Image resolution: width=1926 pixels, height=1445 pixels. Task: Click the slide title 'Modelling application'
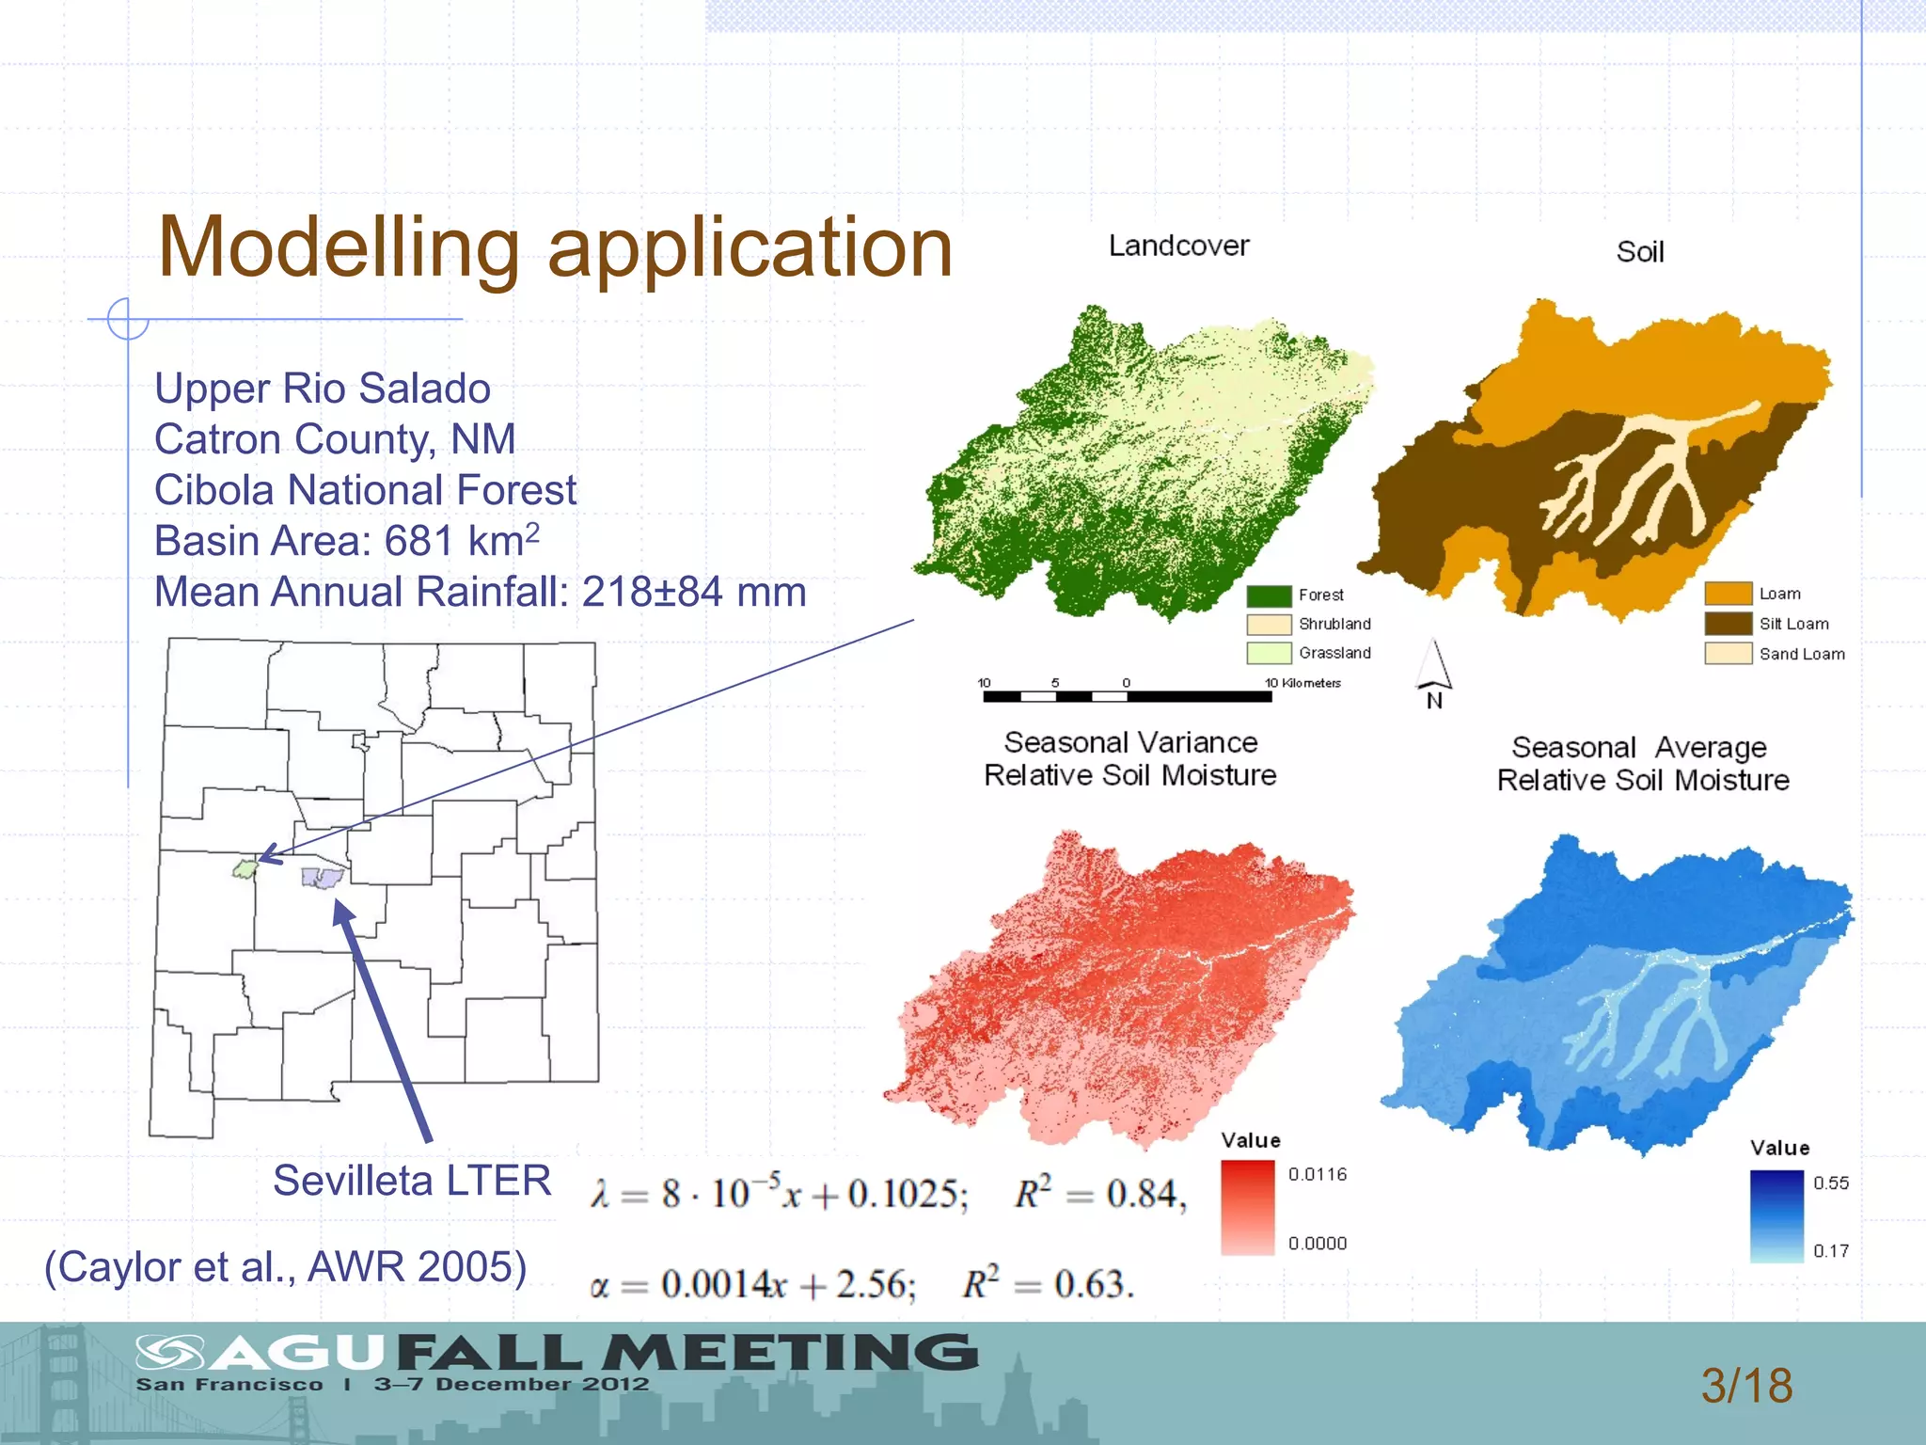point(555,247)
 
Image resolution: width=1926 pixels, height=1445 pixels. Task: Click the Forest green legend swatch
point(1269,595)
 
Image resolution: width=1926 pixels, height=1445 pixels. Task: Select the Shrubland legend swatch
point(1269,625)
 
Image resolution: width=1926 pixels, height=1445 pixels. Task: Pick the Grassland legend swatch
point(1269,653)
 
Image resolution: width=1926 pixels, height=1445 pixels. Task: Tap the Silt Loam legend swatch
point(1728,624)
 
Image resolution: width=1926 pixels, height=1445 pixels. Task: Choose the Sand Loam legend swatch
point(1728,654)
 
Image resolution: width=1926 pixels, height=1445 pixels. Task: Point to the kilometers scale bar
point(1127,696)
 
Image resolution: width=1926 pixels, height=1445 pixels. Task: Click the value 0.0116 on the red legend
point(1317,1174)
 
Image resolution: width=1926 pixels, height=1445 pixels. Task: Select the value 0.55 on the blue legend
point(1830,1183)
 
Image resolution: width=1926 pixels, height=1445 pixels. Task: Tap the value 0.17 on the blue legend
point(1830,1251)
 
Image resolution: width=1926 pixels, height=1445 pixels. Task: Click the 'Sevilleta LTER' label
point(412,1181)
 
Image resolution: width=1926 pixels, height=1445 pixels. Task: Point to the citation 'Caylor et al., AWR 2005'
point(285,1267)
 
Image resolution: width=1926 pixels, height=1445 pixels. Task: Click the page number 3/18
point(1746,1386)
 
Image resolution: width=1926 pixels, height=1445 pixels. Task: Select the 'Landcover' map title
point(1178,246)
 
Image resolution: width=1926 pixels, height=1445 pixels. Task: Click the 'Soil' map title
point(1639,252)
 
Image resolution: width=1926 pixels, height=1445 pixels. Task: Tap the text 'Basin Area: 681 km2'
point(346,541)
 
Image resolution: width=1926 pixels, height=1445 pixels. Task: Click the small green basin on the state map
point(245,868)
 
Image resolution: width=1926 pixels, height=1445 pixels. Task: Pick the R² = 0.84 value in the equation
point(1099,1194)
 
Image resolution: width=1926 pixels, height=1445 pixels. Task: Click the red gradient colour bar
point(1247,1208)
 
